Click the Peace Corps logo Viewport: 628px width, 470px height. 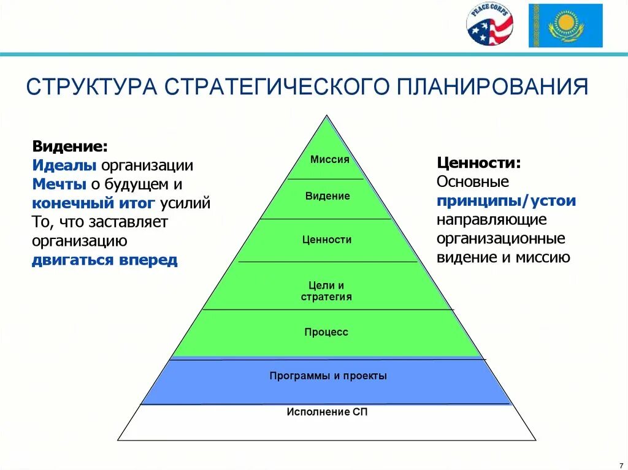point(489,26)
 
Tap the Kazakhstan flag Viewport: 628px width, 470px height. point(565,26)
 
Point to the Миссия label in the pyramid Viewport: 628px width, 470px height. point(329,159)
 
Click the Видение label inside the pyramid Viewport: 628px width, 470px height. point(327,196)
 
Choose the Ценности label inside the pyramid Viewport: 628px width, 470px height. point(327,240)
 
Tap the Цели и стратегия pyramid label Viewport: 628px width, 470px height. point(326,291)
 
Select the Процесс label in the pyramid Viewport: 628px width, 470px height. point(326,332)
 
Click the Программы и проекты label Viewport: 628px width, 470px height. point(328,376)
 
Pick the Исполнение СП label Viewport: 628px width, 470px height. point(327,412)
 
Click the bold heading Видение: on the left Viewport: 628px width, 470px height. point(71,147)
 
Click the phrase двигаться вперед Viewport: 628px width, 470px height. point(105,259)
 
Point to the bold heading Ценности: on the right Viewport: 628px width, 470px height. point(479,163)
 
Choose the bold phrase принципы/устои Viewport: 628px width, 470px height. point(506,200)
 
